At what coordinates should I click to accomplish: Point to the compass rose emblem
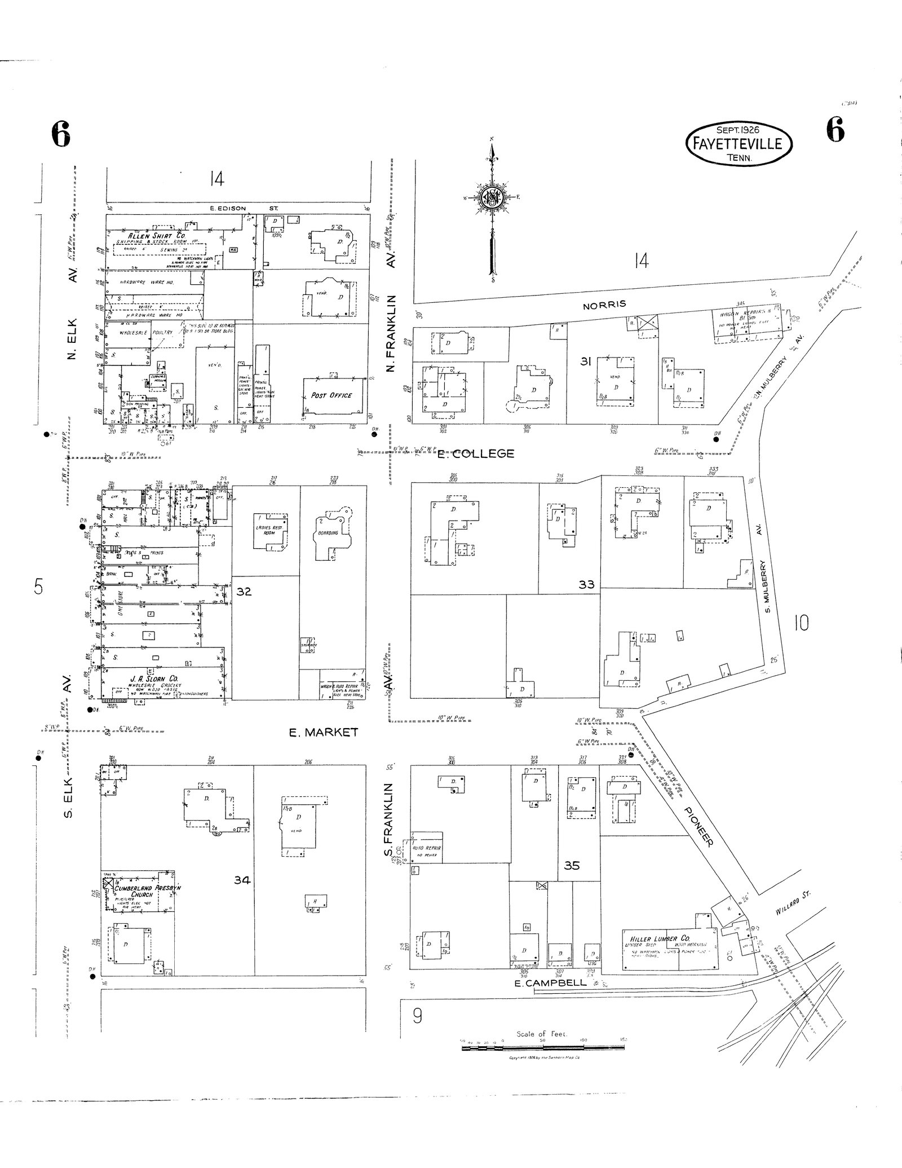492,197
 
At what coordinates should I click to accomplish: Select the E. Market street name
323,733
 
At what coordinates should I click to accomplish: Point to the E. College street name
476,453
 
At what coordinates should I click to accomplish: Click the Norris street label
604,305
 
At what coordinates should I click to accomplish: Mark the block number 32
244,592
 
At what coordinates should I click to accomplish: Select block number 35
571,865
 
